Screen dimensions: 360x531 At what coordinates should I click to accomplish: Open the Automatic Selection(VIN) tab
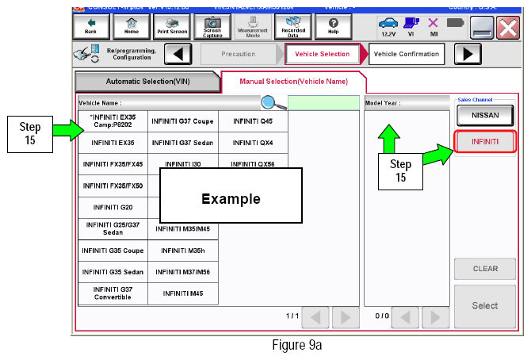coord(147,82)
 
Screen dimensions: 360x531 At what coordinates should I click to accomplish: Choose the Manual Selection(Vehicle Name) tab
coord(292,82)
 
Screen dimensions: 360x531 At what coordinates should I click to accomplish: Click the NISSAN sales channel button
coord(484,115)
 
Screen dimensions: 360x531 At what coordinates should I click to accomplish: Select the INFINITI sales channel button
coord(484,142)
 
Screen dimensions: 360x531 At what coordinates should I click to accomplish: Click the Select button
coord(484,305)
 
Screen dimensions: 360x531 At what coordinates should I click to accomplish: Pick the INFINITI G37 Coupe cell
coord(182,121)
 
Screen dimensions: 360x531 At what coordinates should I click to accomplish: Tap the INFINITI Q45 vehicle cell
coord(252,121)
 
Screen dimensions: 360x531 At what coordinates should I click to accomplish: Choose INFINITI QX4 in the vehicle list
coord(252,143)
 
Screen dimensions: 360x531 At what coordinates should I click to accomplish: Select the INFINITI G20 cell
coord(113,207)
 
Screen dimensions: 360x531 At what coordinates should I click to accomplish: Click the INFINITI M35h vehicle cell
coord(182,250)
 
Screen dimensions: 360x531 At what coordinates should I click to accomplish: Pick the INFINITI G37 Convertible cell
coord(113,293)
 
